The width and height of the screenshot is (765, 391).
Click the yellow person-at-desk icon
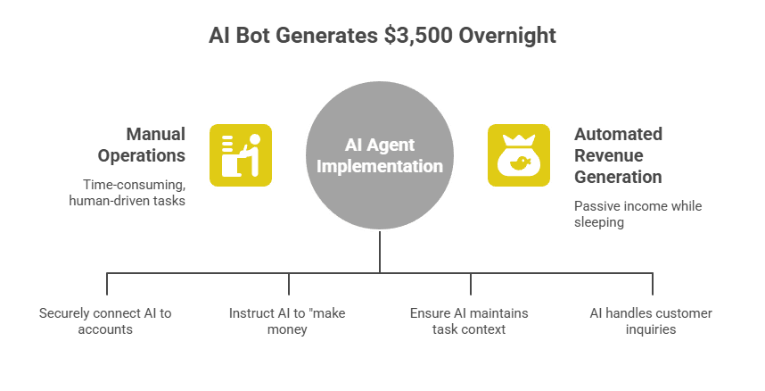click(x=241, y=154)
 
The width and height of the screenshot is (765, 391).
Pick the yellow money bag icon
click(x=518, y=154)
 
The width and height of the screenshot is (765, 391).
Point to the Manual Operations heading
click(x=155, y=145)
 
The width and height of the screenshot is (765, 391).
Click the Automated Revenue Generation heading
click(x=618, y=155)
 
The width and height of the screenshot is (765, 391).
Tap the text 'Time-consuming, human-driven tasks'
click(x=127, y=193)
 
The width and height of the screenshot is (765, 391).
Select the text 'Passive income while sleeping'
click(x=637, y=213)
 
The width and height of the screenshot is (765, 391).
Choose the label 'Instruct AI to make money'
click(x=287, y=321)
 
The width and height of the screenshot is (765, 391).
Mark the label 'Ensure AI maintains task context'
click(x=469, y=321)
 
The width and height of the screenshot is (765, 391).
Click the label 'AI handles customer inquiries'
click(x=651, y=321)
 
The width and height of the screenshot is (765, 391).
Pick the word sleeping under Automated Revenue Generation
click(x=599, y=221)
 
